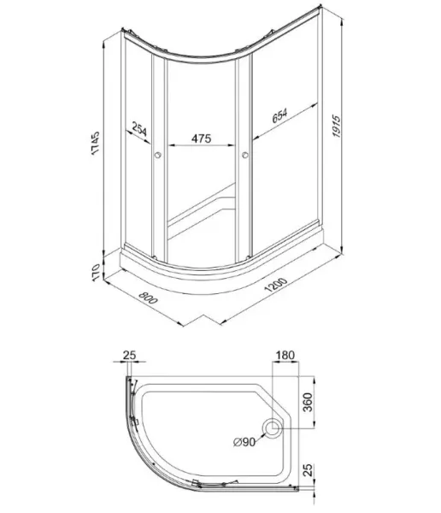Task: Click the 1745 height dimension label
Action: click(95, 143)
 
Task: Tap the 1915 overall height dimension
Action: click(336, 126)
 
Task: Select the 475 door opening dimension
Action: click(201, 139)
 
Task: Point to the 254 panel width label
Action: click(139, 128)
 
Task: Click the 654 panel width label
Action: click(279, 115)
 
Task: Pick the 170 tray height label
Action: click(95, 272)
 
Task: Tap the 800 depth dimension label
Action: click(148, 298)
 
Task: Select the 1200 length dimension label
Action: click(276, 285)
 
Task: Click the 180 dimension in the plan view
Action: click(285, 355)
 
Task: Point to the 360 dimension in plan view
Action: click(308, 403)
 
